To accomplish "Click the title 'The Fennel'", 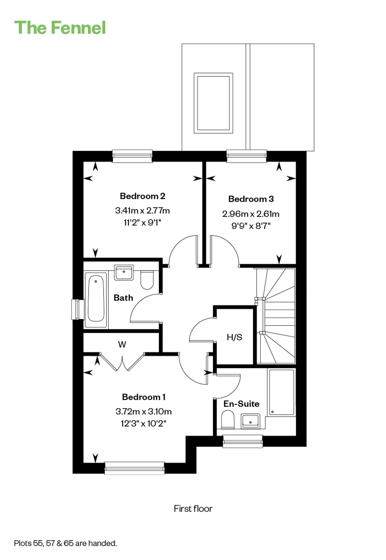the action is (x=60, y=27).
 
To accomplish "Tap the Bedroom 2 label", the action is (x=143, y=196).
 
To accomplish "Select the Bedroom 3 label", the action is (x=251, y=199).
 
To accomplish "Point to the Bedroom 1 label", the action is (x=144, y=397).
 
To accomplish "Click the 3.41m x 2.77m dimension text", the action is (x=142, y=211).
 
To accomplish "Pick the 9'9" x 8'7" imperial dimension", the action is (x=251, y=226).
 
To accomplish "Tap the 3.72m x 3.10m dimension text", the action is (x=144, y=411).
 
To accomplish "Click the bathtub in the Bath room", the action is (x=96, y=300).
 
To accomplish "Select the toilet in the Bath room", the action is (x=147, y=280).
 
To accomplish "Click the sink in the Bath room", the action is (x=124, y=272).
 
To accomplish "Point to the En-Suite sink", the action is (x=250, y=421).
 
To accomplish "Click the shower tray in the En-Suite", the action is (x=282, y=392).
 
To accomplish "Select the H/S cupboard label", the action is (x=234, y=337).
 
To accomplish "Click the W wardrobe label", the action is (x=122, y=344).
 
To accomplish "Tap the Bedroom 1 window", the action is (x=135, y=468).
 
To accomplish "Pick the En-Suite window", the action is (x=243, y=441).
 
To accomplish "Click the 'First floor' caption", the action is (x=193, y=509).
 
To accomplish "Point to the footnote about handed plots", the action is (x=65, y=543).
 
